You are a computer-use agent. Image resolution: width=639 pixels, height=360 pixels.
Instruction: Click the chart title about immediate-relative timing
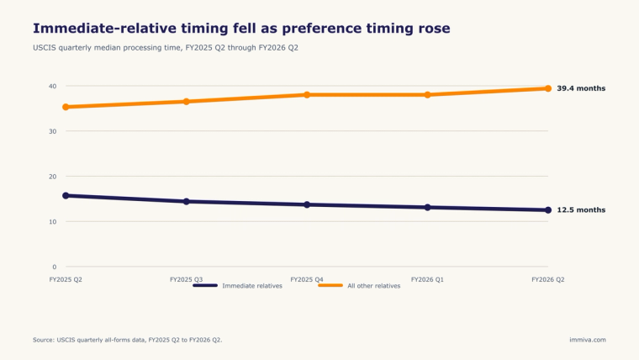pos(241,29)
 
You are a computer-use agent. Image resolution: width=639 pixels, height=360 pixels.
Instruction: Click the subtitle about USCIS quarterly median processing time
pos(166,48)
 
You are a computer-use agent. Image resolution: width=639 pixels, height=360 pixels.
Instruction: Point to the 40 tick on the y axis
pos(53,86)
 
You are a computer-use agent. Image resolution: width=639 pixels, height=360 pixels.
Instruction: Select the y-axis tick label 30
pos(53,131)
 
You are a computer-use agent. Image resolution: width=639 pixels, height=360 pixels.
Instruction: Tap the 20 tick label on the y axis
pos(53,177)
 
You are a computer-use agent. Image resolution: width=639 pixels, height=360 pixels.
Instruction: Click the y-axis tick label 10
pos(53,222)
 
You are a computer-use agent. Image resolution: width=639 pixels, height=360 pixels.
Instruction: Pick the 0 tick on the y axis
pos(54,267)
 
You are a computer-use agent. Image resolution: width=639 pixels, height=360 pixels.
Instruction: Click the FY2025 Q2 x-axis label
pos(66,280)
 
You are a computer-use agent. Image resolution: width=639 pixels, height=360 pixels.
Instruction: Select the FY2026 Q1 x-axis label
pos(427,280)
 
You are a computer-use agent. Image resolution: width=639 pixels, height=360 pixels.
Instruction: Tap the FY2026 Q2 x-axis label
pos(547,280)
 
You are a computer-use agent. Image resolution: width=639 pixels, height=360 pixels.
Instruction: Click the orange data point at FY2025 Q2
pos(66,107)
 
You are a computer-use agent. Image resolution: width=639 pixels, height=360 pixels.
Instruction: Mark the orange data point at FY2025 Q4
pos(307,95)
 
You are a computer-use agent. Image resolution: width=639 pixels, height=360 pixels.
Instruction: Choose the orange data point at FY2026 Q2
pos(548,88)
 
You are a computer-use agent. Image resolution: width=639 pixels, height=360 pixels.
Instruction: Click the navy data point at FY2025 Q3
pos(187,201)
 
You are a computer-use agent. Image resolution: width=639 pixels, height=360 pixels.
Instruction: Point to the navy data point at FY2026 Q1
pos(427,208)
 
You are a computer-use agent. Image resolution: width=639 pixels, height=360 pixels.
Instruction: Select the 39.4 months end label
pos(581,88)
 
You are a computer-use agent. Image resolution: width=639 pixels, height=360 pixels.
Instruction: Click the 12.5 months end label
pos(581,210)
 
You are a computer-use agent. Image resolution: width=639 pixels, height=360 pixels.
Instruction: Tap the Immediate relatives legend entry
pos(238,286)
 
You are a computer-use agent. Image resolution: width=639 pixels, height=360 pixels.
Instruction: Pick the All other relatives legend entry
pos(359,286)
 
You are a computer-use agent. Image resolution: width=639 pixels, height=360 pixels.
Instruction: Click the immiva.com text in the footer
pos(588,340)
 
